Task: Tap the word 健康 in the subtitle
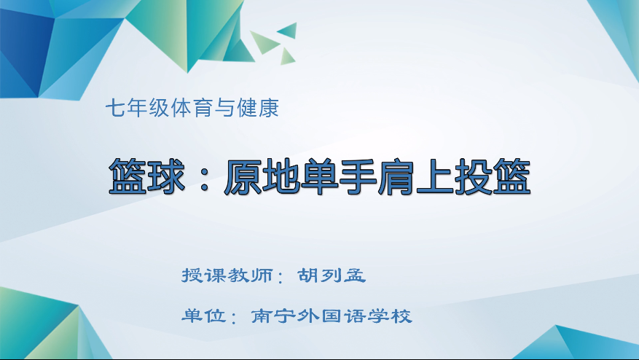click(x=262, y=109)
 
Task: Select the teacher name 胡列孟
click(x=332, y=276)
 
